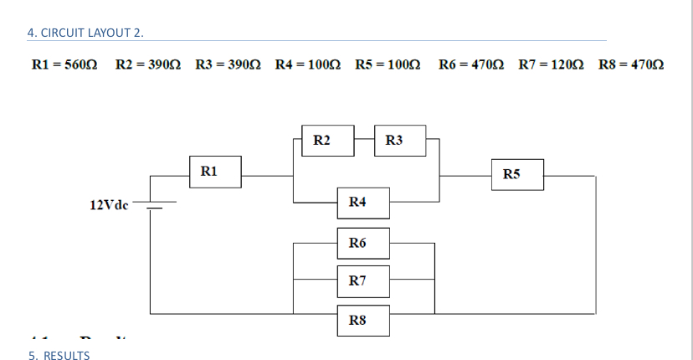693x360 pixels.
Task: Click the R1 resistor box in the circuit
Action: tap(215, 172)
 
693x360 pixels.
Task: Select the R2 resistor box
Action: tap(327, 141)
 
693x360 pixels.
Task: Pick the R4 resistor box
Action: tap(363, 203)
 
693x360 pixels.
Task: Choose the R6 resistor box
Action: tap(363, 243)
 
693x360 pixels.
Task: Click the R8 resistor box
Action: tap(363, 320)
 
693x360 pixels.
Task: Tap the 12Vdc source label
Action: tap(108, 204)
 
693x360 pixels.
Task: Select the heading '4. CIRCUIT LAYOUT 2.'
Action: tap(85, 33)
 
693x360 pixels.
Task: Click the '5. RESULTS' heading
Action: tap(59, 355)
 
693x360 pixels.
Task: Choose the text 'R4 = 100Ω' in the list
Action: tap(306, 64)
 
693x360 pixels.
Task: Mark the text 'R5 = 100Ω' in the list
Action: tap(387, 64)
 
